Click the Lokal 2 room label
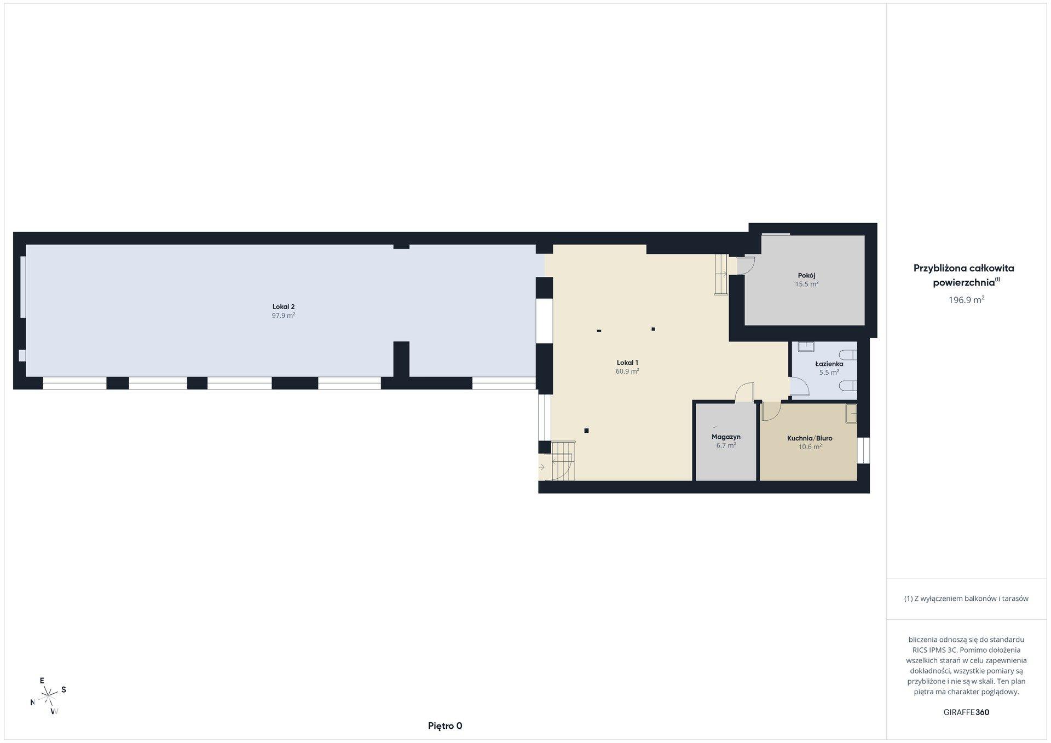[x=284, y=307]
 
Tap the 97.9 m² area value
[x=284, y=316]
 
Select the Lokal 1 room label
[x=627, y=363]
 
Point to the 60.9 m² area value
[x=627, y=372]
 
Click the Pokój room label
[x=807, y=276]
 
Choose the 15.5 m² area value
[x=807, y=285]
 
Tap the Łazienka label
[x=829, y=364]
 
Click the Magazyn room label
[x=726, y=437]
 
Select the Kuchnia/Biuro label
[x=810, y=438]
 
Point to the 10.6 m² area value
[x=810, y=447]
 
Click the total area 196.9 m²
[x=967, y=300]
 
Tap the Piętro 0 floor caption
[x=445, y=726]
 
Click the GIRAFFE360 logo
[x=966, y=712]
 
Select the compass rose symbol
[x=49, y=696]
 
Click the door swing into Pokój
[x=746, y=266]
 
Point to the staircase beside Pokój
[x=721, y=275]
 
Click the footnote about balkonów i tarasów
[x=966, y=599]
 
